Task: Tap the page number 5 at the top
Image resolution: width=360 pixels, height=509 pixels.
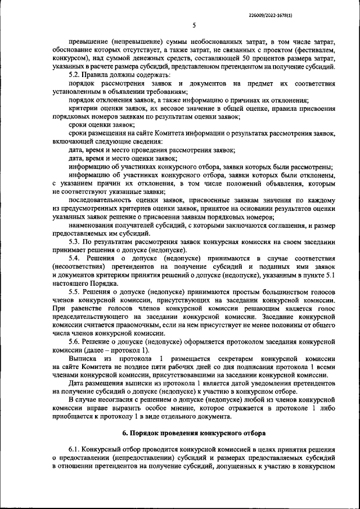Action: coord(193,25)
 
